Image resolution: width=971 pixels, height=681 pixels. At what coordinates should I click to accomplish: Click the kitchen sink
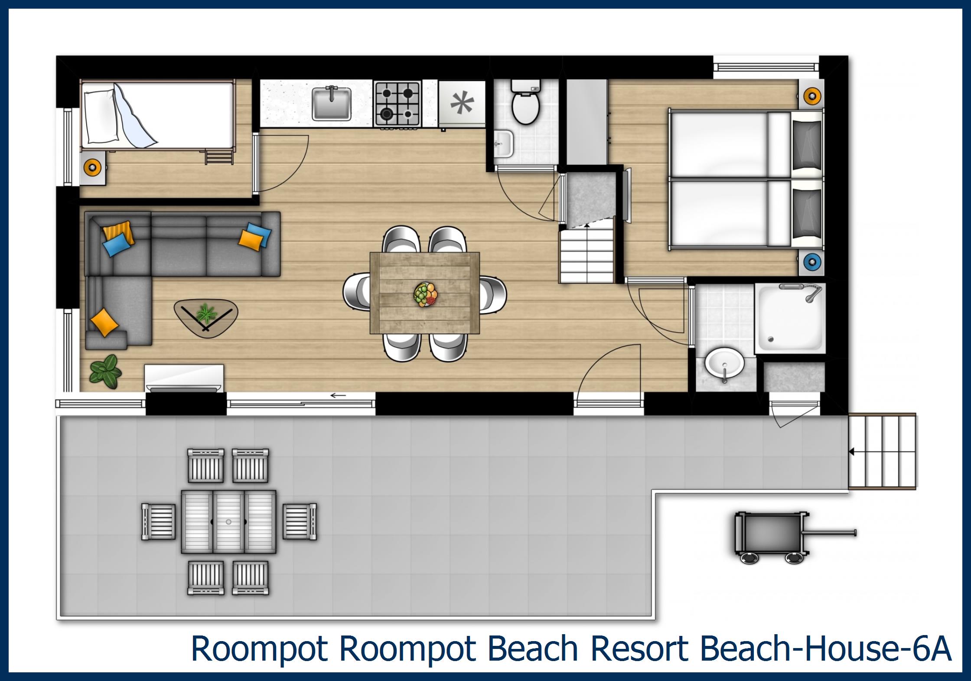(x=331, y=104)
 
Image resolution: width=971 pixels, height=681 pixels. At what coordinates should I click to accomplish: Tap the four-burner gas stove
(x=398, y=104)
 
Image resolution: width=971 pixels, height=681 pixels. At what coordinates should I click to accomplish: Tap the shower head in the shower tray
(x=811, y=295)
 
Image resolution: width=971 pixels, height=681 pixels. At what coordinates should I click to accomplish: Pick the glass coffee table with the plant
(x=205, y=318)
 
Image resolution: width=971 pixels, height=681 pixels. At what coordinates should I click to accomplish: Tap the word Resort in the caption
(x=639, y=649)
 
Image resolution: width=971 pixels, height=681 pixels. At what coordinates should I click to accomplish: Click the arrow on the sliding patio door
(x=338, y=395)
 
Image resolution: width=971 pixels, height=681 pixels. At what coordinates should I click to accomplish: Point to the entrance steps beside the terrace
(x=882, y=452)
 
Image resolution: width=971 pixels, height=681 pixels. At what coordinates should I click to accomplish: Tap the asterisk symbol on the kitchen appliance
(x=462, y=104)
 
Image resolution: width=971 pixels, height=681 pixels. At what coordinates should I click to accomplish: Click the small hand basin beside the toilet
(x=504, y=143)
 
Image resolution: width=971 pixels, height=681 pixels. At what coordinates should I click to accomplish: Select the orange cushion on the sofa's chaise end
(x=104, y=322)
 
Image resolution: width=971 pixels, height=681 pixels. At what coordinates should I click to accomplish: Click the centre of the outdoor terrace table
(x=228, y=521)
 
